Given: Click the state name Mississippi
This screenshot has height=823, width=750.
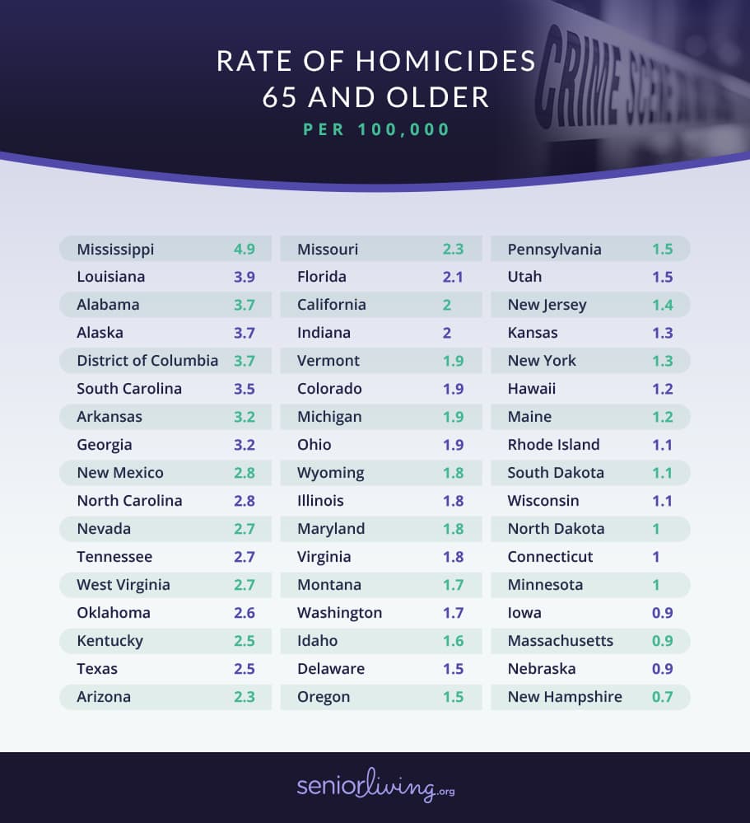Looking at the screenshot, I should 115,249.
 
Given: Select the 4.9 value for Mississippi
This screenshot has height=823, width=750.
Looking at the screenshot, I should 244,249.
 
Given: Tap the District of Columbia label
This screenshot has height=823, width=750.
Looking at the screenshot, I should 147,361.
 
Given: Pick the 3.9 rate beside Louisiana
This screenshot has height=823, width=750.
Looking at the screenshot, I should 244,277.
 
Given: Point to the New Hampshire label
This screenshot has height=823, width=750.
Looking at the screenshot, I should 565,697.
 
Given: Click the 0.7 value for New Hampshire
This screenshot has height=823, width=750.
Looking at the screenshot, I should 662,697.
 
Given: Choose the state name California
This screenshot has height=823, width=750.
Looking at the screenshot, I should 331,305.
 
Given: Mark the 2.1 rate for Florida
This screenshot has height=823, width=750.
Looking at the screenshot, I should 453,277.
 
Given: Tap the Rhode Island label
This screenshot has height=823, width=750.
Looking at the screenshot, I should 553,445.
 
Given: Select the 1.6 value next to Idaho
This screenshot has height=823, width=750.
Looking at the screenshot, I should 453,641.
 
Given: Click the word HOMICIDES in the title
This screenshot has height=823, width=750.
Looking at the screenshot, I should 445,62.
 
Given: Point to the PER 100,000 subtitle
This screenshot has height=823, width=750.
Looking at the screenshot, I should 376,130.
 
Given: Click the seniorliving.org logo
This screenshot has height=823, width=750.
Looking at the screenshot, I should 375,787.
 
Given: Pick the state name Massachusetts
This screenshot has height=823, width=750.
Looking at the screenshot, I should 560,641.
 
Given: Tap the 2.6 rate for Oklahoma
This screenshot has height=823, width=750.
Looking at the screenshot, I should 244,613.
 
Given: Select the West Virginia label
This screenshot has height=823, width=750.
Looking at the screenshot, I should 123,585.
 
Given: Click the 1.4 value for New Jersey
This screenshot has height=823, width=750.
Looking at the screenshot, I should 662,305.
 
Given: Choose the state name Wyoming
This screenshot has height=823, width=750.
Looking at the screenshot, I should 330,473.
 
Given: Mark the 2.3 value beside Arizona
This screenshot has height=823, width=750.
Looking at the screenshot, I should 244,697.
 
